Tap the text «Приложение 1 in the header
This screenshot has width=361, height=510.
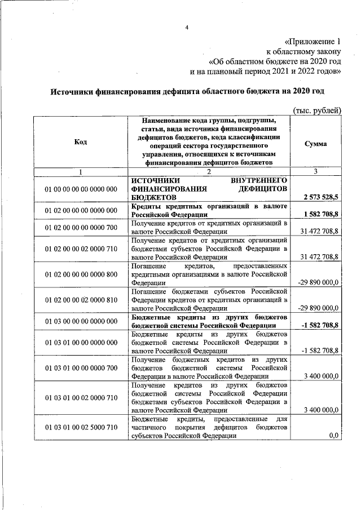click(313, 42)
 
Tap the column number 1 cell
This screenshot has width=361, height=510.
click(80, 171)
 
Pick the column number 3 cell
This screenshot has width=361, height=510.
click(315, 171)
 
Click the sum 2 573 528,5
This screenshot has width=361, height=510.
click(320, 198)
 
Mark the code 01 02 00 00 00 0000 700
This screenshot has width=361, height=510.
click(81, 227)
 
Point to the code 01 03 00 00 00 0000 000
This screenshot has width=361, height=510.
click(81, 321)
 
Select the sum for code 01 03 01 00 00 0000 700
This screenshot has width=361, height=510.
click(320, 376)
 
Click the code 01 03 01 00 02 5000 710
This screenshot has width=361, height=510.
click(81, 428)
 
